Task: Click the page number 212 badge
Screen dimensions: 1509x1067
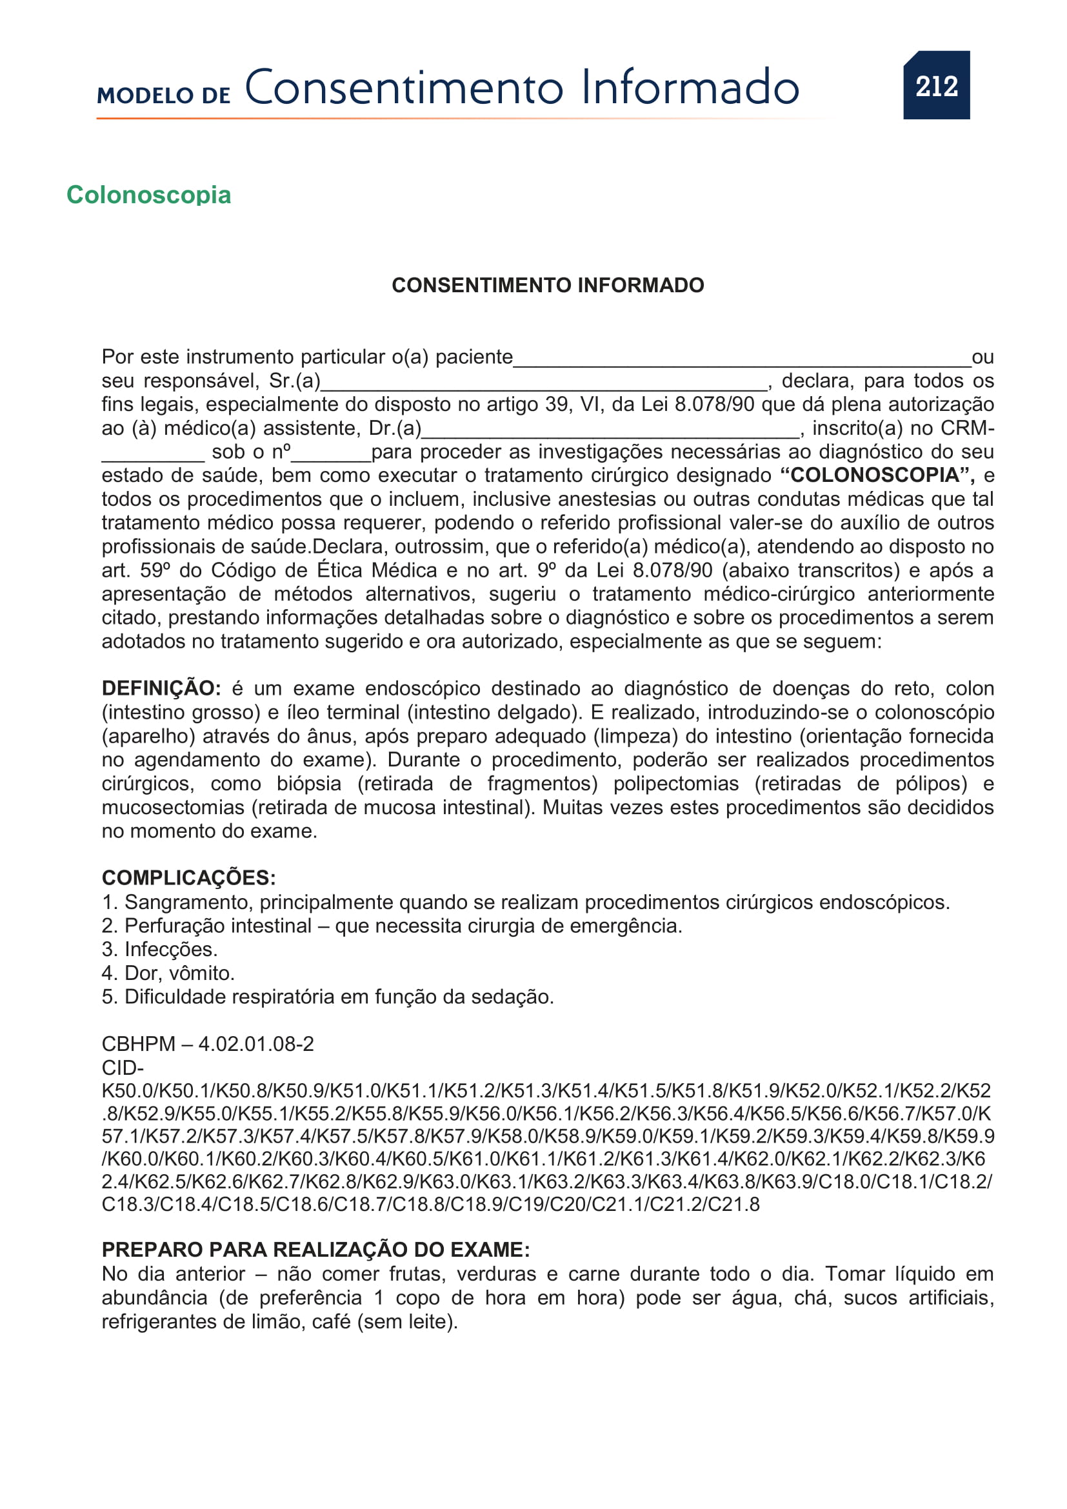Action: tap(936, 85)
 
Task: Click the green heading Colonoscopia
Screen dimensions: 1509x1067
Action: tap(148, 195)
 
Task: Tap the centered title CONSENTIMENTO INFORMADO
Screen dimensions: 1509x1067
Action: tap(547, 285)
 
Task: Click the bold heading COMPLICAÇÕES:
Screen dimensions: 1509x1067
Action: tap(188, 877)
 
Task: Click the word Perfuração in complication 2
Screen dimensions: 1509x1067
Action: tap(172, 925)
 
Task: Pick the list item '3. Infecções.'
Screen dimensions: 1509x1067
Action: tap(159, 949)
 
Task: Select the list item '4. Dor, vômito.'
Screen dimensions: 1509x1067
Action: tap(168, 973)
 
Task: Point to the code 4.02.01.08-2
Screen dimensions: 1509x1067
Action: tap(256, 1044)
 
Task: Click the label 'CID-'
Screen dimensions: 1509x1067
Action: tap(122, 1067)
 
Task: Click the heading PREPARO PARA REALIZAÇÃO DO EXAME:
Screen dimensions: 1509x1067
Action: tap(315, 1250)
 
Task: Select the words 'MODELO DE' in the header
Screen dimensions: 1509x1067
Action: tap(164, 95)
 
